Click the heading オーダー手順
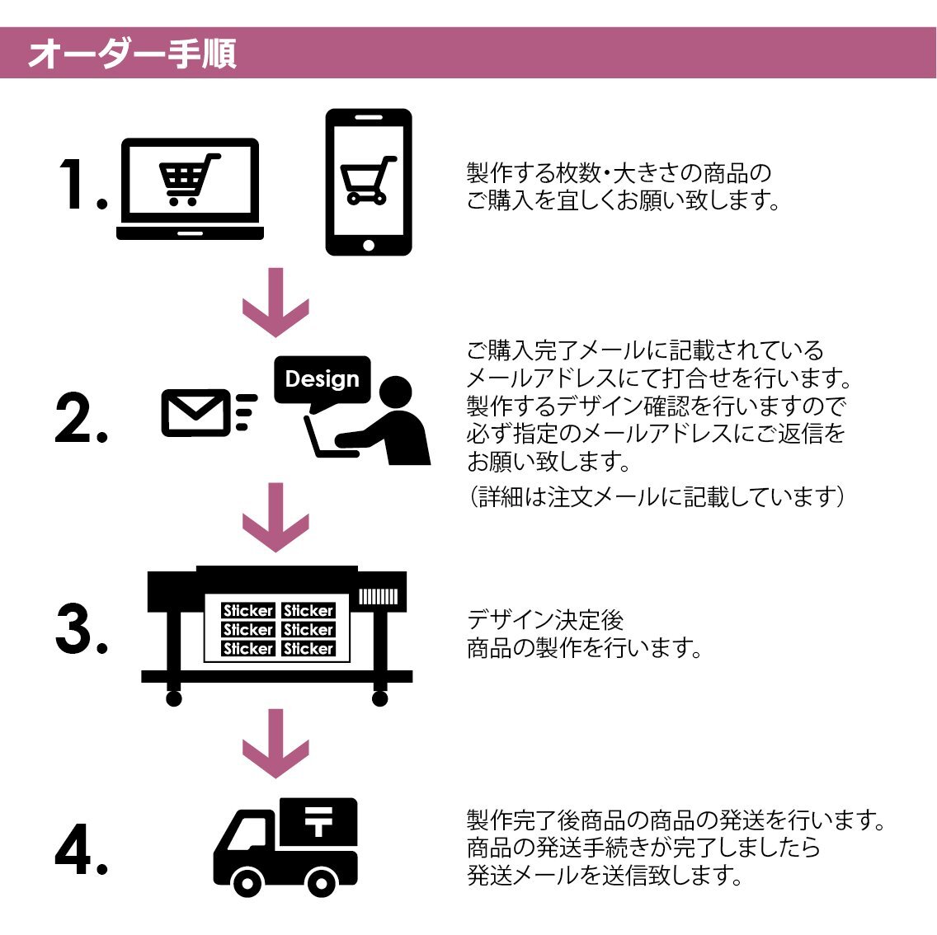coord(132,54)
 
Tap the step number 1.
coord(83,185)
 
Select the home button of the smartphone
coord(368,245)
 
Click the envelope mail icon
coord(195,411)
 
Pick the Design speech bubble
coord(323,380)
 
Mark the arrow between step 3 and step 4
coord(275,745)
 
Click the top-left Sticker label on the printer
coord(248,611)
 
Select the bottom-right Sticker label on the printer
coord(308,649)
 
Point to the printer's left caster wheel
coord(173,698)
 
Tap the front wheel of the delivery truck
coord(247,883)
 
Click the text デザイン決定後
coord(545,620)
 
